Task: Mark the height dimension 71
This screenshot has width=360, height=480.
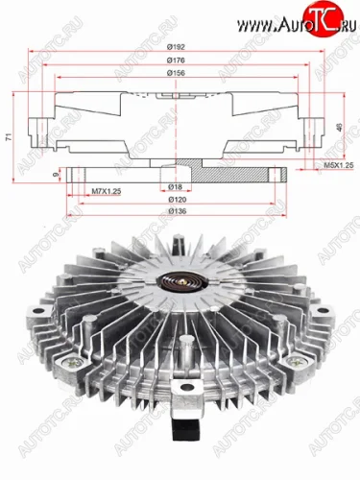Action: pos(9,139)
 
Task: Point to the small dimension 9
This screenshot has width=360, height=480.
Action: pos(58,175)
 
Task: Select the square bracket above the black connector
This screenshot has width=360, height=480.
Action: pos(183,396)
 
